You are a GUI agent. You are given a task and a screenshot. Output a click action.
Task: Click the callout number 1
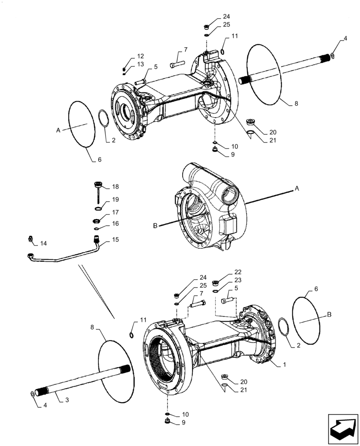[x=282, y=364]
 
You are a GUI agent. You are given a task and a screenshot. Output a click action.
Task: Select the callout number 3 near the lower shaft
[x=66, y=400]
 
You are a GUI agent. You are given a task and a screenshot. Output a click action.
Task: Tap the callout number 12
[x=140, y=56]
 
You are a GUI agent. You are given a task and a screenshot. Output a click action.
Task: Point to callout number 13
[x=140, y=64]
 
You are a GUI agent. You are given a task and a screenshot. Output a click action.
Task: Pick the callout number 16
[x=115, y=224]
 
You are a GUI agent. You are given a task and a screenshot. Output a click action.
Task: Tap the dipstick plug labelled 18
[x=97, y=186]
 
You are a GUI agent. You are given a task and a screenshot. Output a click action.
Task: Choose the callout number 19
[x=115, y=199]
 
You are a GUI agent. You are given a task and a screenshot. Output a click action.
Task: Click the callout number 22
[x=237, y=272]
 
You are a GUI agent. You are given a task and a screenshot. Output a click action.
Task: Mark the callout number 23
[x=237, y=280]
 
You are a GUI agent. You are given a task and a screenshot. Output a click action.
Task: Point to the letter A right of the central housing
[x=296, y=189]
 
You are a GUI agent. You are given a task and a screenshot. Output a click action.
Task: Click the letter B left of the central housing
[x=155, y=226]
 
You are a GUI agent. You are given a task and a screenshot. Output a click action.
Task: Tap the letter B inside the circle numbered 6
[x=329, y=314]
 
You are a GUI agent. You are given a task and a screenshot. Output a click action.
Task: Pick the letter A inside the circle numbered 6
[x=58, y=130]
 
